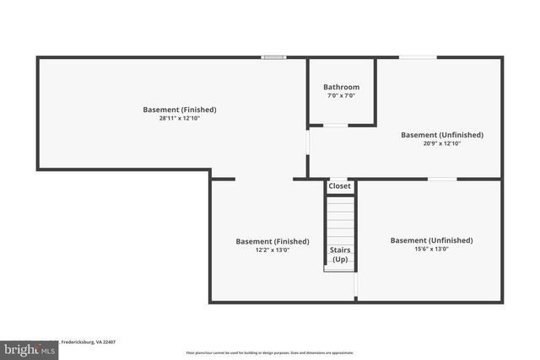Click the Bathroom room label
coord(341,87)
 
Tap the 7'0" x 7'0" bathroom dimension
coord(341,95)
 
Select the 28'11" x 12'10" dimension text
coord(179,118)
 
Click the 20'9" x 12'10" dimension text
coord(441,143)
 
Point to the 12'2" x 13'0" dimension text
coord(266,250)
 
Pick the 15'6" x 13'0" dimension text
coord(431,249)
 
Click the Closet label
coord(339,186)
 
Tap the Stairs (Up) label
coord(340,255)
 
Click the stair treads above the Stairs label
coord(340,219)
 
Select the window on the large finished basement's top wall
coord(273,57)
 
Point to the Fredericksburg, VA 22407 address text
coord(88,341)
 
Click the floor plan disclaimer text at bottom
coord(269,352)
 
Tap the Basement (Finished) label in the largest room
coord(179,110)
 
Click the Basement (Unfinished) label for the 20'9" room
coord(441,135)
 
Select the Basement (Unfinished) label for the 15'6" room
coord(431,240)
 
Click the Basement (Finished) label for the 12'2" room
coord(266,241)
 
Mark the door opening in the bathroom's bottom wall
coord(335,126)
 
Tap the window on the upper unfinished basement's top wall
coord(418,57)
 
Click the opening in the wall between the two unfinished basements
coord(442,179)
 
